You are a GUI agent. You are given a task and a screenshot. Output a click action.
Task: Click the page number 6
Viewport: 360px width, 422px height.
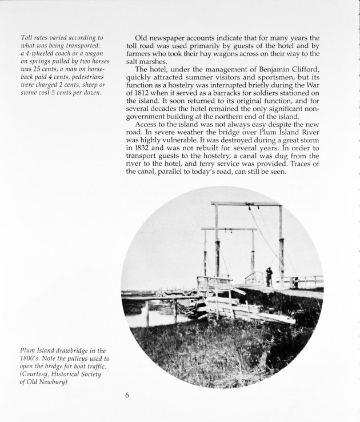[128, 395]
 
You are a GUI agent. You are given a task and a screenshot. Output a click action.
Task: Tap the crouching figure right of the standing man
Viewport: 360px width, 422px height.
[295, 281]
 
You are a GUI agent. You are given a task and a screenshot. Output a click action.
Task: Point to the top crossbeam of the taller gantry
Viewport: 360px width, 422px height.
[246, 204]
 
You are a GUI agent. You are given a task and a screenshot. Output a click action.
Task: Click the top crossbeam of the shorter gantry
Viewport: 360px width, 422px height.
[229, 229]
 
